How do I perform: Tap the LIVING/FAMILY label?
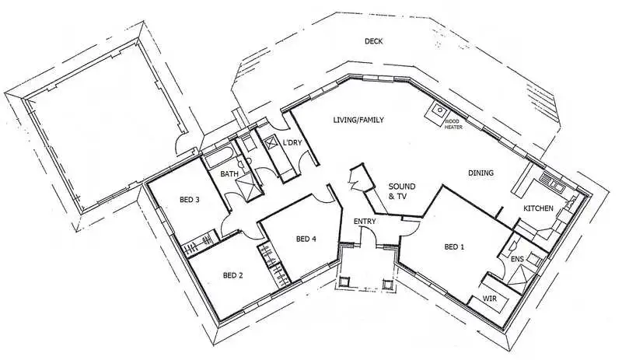click(x=359, y=120)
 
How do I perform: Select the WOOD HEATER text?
click(x=453, y=124)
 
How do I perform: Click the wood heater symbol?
click(x=432, y=114)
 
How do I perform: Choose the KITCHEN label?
click(x=538, y=208)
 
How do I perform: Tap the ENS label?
click(x=517, y=258)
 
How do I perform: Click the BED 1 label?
click(x=453, y=247)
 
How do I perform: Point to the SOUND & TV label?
click(x=401, y=191)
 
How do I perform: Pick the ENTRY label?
click(x=365, y=222)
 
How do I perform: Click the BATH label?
click(x=229, y=174)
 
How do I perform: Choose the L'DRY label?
click(x=292, y=142)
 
